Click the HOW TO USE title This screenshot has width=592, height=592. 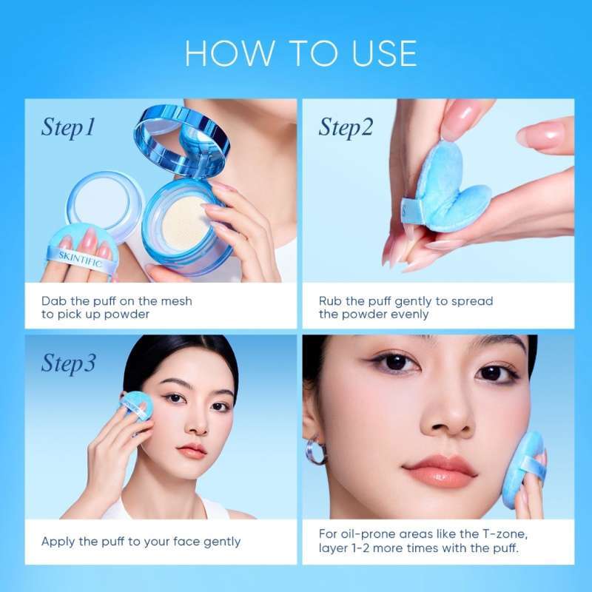pos(300,53)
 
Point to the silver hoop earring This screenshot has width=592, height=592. pos(317,451)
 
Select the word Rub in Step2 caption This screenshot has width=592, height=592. pos(331,301)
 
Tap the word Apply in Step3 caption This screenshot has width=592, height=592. pos(59,542)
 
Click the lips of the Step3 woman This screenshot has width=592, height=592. pos(192,449)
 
